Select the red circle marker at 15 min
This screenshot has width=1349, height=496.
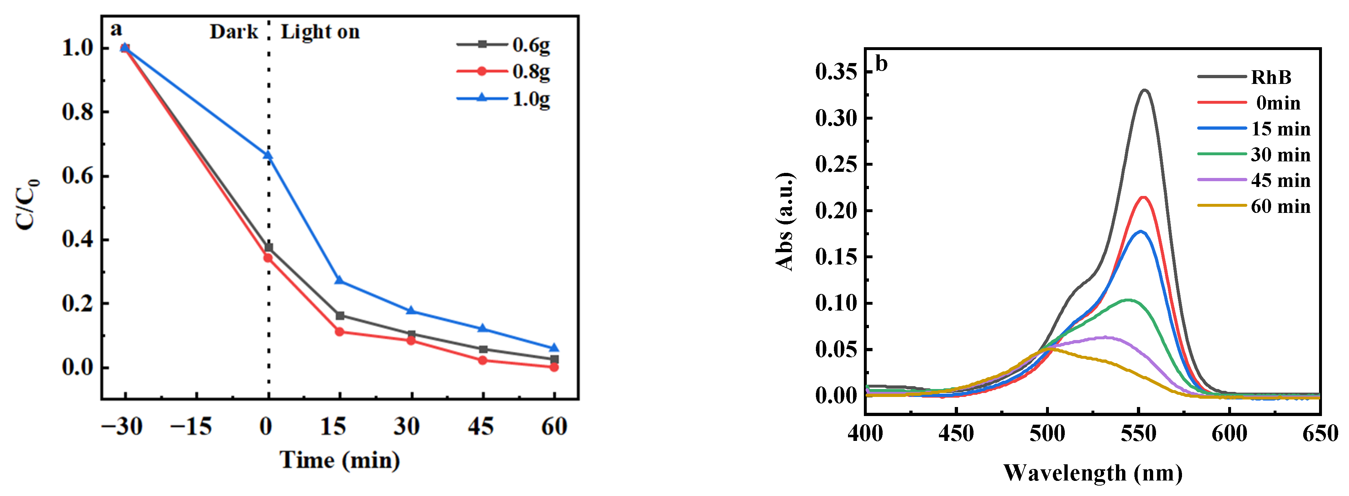pyautogui.click(x=339, y=332)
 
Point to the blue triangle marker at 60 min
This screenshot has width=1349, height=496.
pyautogui.click(x=554, y=348)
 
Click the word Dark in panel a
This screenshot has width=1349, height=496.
pyautogui.click(x=234, y=32)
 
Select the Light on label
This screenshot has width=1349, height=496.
pyautogui.click(x=320, y=32)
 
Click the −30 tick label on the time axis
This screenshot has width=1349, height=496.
pyautogui.click(x=122, y=426)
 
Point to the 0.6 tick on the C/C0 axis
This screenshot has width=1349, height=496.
pyautogui.click(x=78, y=176)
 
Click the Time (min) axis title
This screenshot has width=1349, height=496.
pyautogui.click(x=339, y=460)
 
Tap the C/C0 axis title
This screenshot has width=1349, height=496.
pyautogui.click(x=27, y=204)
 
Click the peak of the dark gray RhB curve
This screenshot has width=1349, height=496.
pyautogui.click(x=1145, y=90)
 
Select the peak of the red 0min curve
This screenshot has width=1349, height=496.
pyautogui.click(x=1144, y=197)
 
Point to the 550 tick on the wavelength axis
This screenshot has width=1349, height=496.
pyautogui.click(x=1138, y=433)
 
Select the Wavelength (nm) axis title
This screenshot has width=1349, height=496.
pyautogui.click(x=1093, y=473)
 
